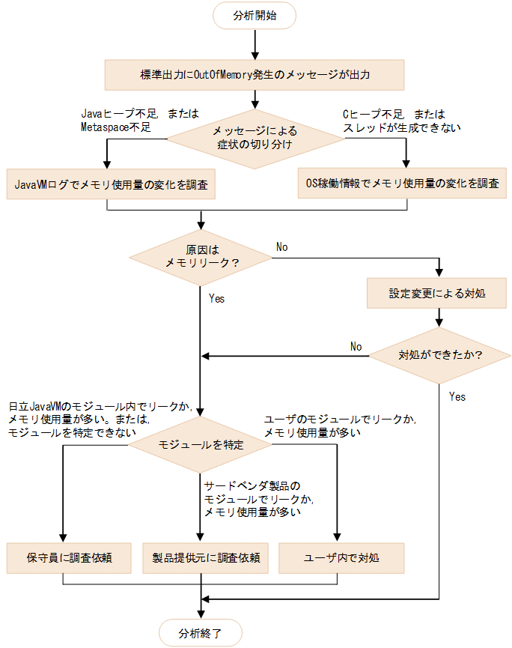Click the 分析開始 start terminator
tap(255, 14)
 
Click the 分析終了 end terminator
tap(201, 631)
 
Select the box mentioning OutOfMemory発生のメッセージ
tap(255, 75)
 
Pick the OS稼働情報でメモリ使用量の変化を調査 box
tap(402, 182)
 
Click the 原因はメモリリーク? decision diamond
tap(201, 256)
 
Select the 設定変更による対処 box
tap(437, 293)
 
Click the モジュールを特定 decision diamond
tap(201, 444)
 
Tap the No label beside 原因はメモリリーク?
tap(281, 246)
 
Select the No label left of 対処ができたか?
tap(356, 347)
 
